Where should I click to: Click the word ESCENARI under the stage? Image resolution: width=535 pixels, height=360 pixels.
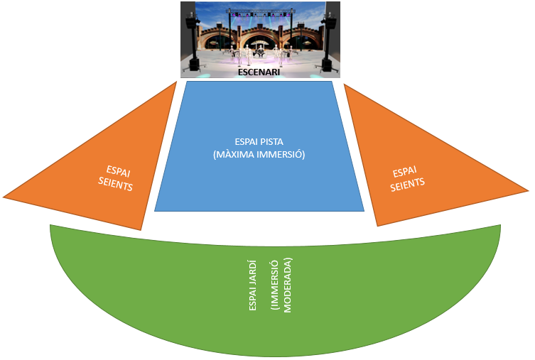259,72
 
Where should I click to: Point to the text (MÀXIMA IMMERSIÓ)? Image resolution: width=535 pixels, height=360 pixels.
259,154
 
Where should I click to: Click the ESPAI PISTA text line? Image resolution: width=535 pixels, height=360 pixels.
259,141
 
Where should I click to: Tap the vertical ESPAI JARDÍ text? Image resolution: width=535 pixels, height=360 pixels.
254,285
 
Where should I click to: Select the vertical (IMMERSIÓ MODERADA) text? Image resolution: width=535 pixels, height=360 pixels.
282,285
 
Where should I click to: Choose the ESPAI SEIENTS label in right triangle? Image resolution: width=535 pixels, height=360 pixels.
409,178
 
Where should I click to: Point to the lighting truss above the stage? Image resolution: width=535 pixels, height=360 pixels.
260,11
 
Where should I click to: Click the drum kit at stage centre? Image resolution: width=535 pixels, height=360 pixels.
260,53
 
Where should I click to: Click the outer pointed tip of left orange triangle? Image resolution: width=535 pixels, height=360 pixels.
5,196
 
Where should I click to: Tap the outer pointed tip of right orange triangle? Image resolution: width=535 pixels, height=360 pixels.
527,190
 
